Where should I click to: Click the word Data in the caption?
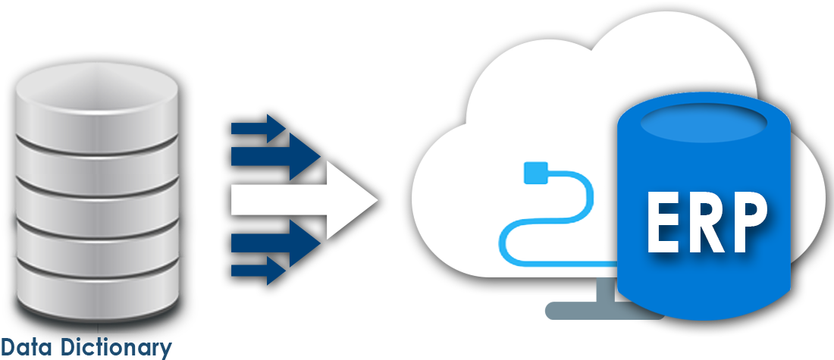pyautogui.click(x=25, y=348)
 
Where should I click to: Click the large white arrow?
pyautogui.click(x=303, y=200)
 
